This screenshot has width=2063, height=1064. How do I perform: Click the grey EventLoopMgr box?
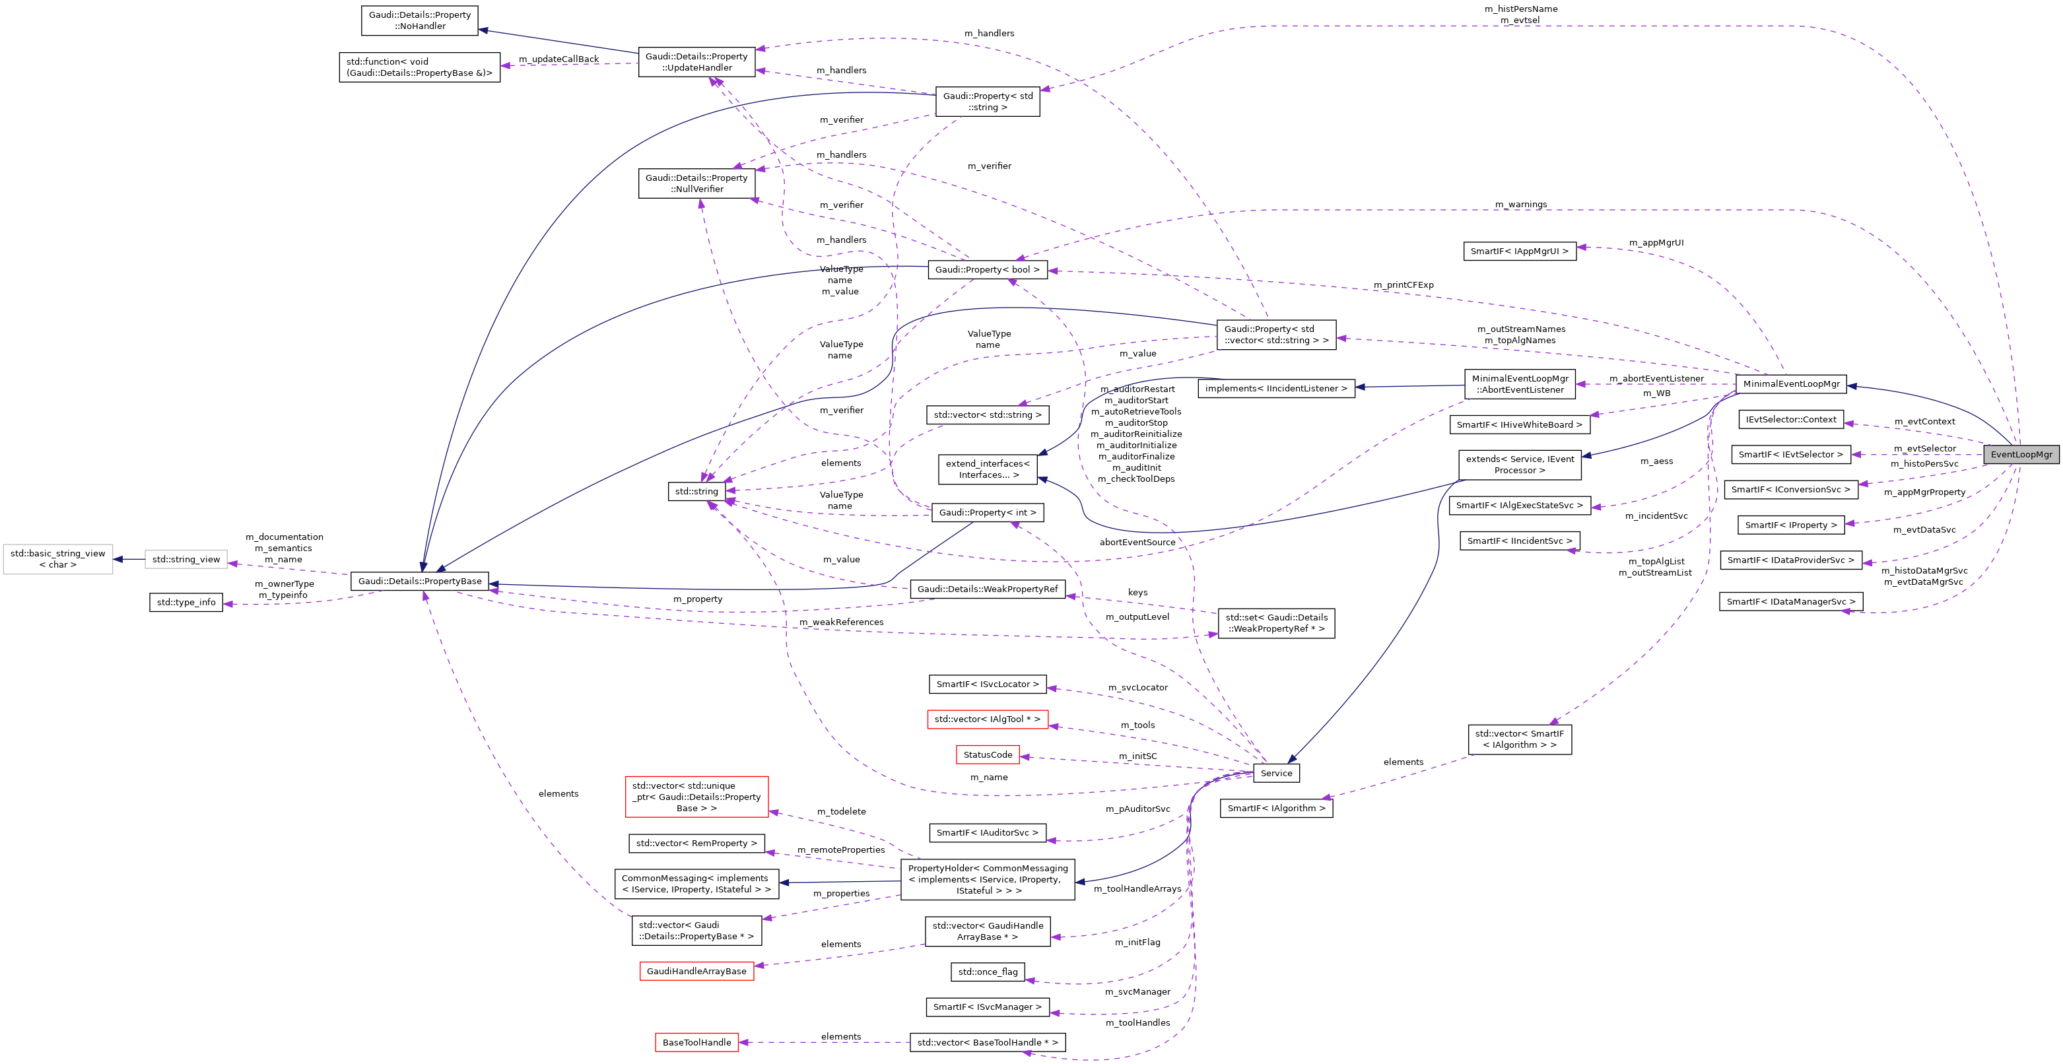[2021, 454]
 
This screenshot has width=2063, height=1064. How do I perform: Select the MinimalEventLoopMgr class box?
[1791, 383]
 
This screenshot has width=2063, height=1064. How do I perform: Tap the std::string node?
[696, 491]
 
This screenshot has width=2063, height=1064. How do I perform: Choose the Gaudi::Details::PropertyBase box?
[420, 582]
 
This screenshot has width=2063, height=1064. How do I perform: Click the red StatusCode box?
[987, 754]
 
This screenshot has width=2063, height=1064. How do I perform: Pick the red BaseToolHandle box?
[696, 1042]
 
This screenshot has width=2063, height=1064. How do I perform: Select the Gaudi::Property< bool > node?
[987, 270]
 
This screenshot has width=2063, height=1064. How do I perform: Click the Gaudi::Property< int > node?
[987, 512]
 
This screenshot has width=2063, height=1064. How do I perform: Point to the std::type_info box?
[186, 602]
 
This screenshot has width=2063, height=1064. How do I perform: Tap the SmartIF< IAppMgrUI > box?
[1518, 251]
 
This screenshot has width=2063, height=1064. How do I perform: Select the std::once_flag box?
[987, 972]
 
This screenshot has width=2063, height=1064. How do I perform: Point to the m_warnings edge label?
[1520, 204]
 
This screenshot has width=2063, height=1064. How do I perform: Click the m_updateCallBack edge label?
[558, 59]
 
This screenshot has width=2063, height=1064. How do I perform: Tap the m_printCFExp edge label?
[1403, 285]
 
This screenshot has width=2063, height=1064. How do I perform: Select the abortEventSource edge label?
[1137, 542]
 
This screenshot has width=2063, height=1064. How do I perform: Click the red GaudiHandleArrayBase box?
[696, 971]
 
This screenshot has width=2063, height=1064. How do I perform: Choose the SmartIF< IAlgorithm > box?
[1276, 808]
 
